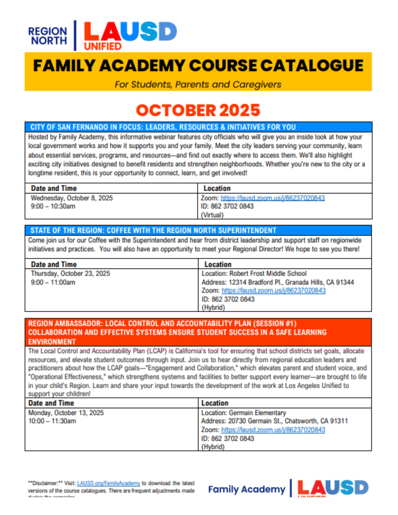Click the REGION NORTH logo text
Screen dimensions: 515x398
pyautogui.click(x=48, y=36)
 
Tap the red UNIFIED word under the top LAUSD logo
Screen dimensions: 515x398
pyautogui.click(x=103, y=46)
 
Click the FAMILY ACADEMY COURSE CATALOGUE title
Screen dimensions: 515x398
pyautogui.click(x=198, y=65)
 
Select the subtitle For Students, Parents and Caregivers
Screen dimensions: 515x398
pyautogui.click(x=198, y=84)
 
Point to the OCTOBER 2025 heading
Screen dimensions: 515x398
pyautogui.click(x=198, y=110)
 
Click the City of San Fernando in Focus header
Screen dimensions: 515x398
pyautogui.click(x=163, y=127)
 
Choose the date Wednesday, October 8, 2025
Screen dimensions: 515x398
pyautogui.click(x=72, y=198)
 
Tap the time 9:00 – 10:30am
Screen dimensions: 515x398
pyautogui.click(x=53, y=206)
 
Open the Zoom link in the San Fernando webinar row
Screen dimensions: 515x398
pyautogui.click(x=273, y=198)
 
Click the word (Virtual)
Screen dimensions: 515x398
pyautogui.click(x=212, y=215)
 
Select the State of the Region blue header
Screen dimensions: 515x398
pyautogui.click(x=153, y=230)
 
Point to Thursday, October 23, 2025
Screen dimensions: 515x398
pyautogui.click(x=70, y=273)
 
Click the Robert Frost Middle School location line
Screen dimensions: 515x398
pyautogui.click(x=254, y=273)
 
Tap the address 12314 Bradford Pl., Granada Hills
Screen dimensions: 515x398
pyautogui.click(x=278, y=282)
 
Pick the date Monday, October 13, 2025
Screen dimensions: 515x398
pyautogui.click(x=66, y=413)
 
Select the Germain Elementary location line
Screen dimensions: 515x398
pyautogui.click(x=243, y=413)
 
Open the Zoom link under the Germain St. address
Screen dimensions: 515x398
pyautogui.click(x=273, y=430)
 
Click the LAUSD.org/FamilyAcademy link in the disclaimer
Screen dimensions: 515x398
pyautogui.click(x=108, y=483)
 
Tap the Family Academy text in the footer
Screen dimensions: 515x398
pyautogui.click(x=247, y=489)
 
